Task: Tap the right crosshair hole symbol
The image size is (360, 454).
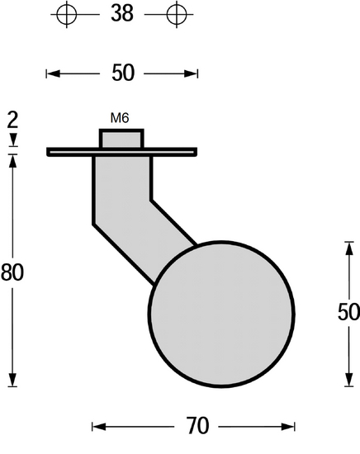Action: click(x=175, y=14)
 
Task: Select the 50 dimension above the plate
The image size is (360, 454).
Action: click(x=122, y=73)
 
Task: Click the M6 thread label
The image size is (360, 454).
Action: click(x=120, y=118)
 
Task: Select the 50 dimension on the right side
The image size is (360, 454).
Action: click(x=348, y=312)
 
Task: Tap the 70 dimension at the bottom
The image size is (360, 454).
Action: click(x=197, y=426)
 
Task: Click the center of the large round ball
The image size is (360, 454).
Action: click(x=221, y=313)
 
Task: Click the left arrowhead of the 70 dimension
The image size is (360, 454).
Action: click(x=96, y=426)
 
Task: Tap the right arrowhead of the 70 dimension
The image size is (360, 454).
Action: click(x=291, y=426)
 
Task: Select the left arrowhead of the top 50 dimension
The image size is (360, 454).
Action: click(x=50, y=74)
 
